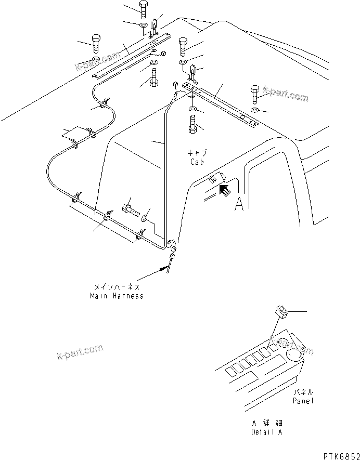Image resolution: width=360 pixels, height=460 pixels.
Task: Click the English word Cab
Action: [197, 161]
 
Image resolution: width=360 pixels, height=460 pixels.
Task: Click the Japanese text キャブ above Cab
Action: [197, 153]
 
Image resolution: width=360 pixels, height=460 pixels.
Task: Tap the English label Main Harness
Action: [116, 296]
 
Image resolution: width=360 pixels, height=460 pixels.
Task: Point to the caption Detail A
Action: [264, 432]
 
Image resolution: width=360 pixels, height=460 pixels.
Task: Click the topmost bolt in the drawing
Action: [144, 8]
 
